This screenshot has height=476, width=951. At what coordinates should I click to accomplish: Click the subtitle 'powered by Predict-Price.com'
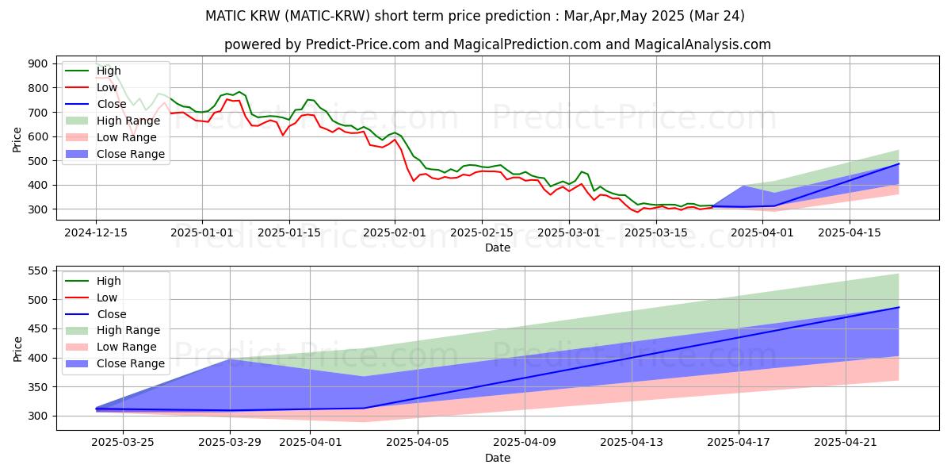[497, 44]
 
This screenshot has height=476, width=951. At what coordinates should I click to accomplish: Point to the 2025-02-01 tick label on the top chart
[395, 232]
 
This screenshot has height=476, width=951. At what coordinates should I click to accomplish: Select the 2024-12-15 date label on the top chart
[96, 232]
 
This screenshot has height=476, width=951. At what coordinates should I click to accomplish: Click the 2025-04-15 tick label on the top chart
[850, 232]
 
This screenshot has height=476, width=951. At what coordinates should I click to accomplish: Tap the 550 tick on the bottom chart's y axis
[37, 271]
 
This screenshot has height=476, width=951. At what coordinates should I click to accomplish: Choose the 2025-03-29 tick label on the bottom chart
[230, 443]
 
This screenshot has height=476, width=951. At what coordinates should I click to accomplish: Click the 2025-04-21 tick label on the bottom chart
[846, 443]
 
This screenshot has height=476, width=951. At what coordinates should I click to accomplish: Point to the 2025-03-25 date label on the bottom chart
[123, 443]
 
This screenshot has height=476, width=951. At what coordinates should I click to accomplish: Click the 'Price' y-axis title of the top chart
[17, 140]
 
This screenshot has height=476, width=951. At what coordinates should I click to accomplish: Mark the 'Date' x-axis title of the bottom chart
[497, 458]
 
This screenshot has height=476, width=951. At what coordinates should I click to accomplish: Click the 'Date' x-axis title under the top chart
[497, 248]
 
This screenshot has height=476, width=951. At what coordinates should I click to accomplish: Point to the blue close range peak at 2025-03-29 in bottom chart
[230, 360]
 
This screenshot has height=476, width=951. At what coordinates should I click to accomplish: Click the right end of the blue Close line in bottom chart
[899, 307]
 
